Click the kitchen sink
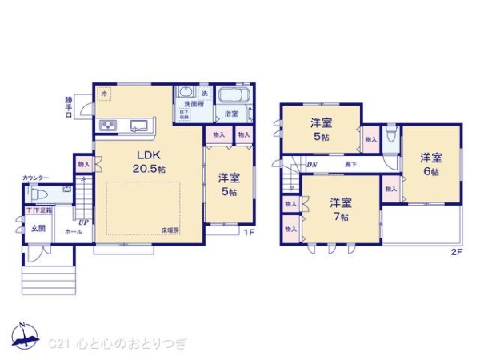coord(137,124)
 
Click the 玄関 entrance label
coord(38,229)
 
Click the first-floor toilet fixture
coord(38,194)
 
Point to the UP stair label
coord(82,221)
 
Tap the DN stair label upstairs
coord(312,165)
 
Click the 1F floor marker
coord(249,233)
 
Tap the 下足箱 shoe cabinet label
coord(41,210)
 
